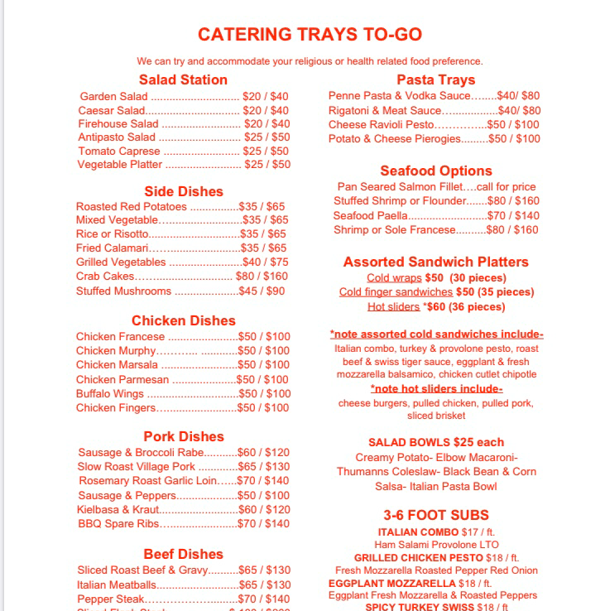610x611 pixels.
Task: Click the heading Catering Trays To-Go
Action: pos(310,35)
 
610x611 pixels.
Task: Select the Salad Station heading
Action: pos(183,80)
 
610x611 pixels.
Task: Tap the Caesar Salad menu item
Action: pos(112,111)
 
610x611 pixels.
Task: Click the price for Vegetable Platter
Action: pos(267,165)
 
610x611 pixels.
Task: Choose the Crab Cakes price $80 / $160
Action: pos(262,277)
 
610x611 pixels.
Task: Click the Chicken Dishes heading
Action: pos(183,321)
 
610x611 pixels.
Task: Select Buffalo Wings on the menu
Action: pos(110,394)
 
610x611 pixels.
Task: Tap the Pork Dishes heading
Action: pos(183,437)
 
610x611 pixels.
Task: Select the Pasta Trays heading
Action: pos(435,80)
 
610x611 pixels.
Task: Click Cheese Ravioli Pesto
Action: pos(382,125)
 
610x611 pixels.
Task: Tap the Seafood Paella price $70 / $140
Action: pos(513,216)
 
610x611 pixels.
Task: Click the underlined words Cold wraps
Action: pos(394,278)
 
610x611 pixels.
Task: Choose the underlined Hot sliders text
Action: pos(393,307)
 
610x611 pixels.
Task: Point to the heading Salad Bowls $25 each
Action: pos(435,443)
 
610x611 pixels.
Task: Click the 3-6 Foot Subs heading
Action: pos(435,515)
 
